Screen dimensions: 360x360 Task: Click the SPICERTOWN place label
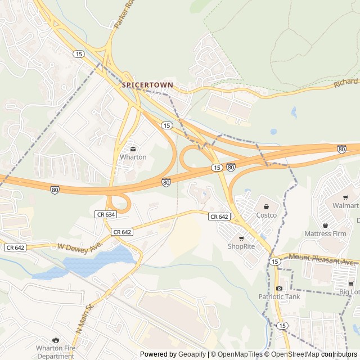(147, 85)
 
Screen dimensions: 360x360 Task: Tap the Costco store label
(267, 215)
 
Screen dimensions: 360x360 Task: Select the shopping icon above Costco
(267, 206)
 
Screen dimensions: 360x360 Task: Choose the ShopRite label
(241, 246)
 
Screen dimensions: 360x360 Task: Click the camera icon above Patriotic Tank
(279, 289)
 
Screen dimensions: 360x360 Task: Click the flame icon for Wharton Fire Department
(55, 340)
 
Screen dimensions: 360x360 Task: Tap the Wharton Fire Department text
(55, 352)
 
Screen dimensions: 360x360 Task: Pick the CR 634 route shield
(105, 214)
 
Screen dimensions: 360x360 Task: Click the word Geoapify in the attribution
(192, 354)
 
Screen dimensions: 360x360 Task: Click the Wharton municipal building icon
(133, 149)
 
